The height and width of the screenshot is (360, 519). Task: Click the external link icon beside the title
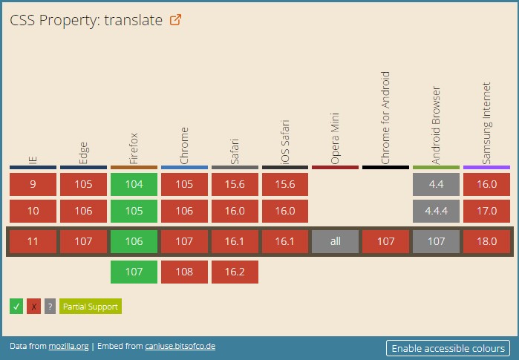tap(176, 20)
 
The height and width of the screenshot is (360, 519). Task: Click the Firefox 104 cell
tap(134, 185)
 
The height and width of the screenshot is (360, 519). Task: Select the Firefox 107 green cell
tap(134, 272)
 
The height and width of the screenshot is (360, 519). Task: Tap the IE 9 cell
tap(33, 185)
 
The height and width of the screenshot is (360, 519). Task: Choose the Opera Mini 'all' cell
tap(335, 241)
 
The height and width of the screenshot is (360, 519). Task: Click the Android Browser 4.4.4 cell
tap(436, 211)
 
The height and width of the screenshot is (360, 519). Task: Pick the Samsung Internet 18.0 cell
tap(486, 241)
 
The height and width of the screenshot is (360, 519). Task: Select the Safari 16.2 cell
tap(235, 272)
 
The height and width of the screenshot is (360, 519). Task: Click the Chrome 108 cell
tap(184, 272)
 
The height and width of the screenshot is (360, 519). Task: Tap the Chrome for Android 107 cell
tap(385, 241)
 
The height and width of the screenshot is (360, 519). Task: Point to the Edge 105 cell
tap(83, 185)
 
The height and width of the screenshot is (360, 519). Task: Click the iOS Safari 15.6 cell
tap(285, 185)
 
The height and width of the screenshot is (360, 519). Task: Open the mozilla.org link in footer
tap(68, 347)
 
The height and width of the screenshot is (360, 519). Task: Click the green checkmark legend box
tap(16, 306)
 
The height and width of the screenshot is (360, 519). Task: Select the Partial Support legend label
tap(90, 306)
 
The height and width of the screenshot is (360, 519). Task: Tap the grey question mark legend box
tap(50, 306)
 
